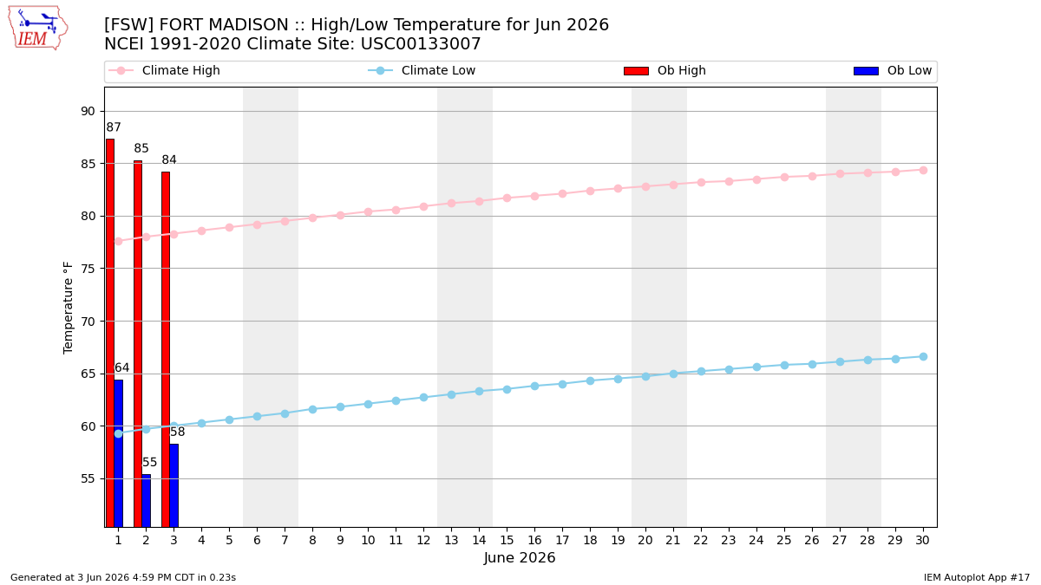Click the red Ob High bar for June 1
pos(110,333)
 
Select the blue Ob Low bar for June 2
pos(147,501)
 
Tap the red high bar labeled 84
pos(166,349)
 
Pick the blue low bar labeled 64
pos(119,453)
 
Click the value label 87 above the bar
pos(114,127)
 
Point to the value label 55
pos(149,463)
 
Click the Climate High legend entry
pos(164,70)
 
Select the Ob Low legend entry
pos(893,70)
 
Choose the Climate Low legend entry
pos(422,70)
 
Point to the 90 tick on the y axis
pos(88,112)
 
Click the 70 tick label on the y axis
pos(88,322)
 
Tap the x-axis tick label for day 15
pos(507,540)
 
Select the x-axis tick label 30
pos(922,540)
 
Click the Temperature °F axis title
pos(68,308)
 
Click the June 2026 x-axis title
pos(520,557)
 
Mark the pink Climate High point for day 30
pos(923,171)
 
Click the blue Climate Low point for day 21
pos(673,374)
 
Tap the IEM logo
pos(38,29)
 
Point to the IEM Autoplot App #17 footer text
pos(977,577)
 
